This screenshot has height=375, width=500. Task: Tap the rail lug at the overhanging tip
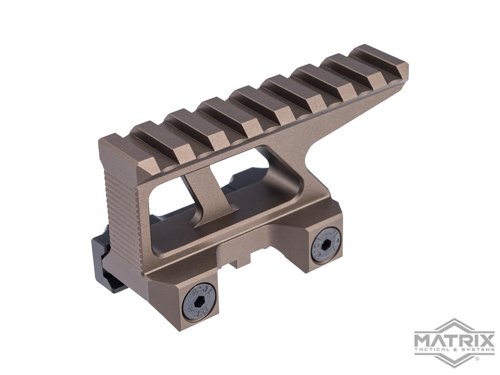[x=379, y=62]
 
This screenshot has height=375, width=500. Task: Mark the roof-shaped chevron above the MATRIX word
[x=454, y=324]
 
